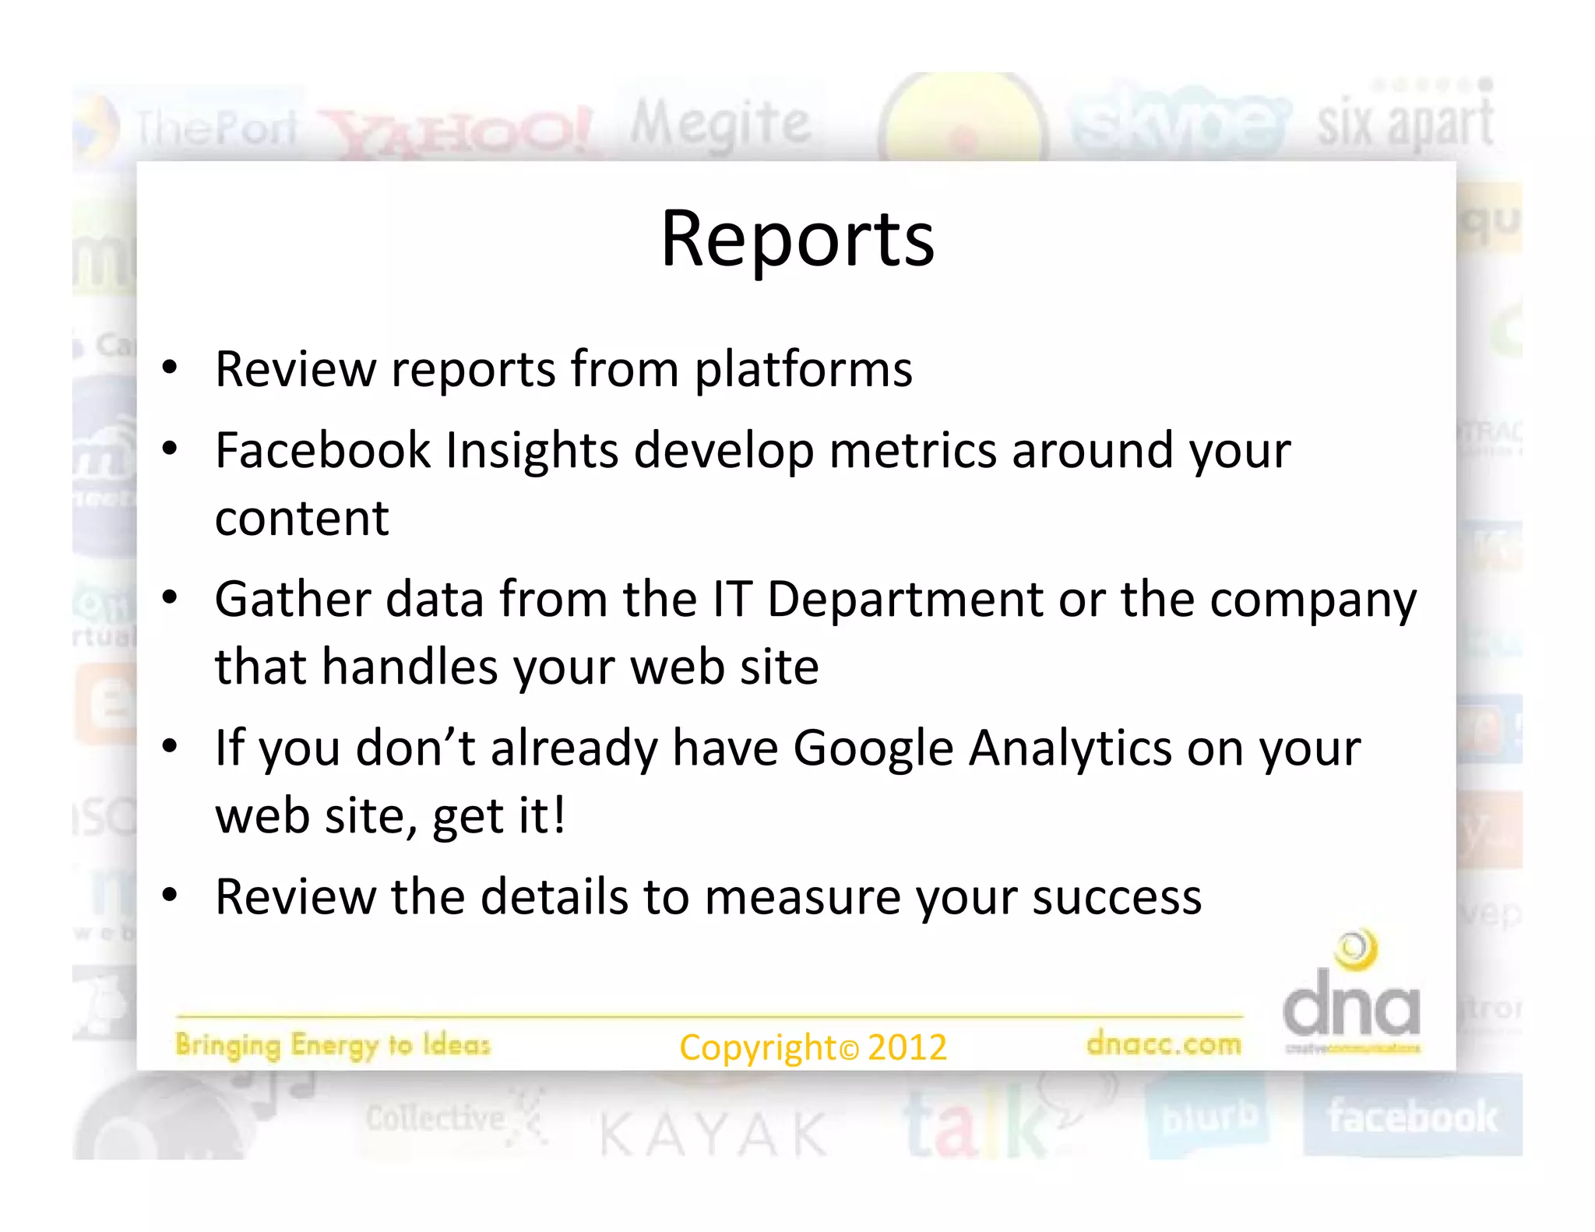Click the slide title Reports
pos(797,240)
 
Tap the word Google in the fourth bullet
pos(873,749)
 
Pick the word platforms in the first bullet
pos(803,369)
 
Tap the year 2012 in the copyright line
pos(907,1047)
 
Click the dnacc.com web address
pos(1164,1044)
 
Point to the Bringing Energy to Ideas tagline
pos(333,1045)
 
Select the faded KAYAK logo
pos(713,1134)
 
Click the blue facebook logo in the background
pos(1412,1117)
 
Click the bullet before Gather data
pos(170,598)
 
